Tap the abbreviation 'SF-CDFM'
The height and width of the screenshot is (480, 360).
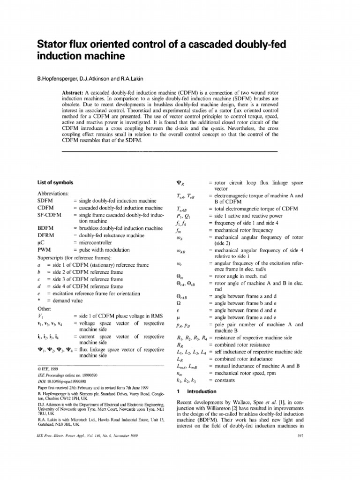(x=49, y=215)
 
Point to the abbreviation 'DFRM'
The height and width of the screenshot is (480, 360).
(x=45, y=235)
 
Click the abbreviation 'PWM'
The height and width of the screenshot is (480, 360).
(x=44, y=251)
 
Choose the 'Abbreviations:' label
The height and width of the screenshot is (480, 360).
(x=52, y=193)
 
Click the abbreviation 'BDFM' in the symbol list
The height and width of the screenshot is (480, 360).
(x=45, y=228)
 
